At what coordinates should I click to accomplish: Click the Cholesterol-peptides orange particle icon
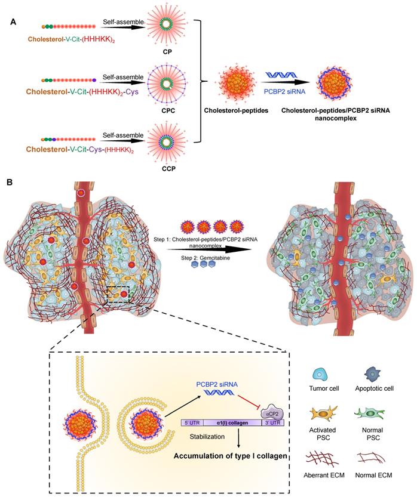(232, 82)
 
